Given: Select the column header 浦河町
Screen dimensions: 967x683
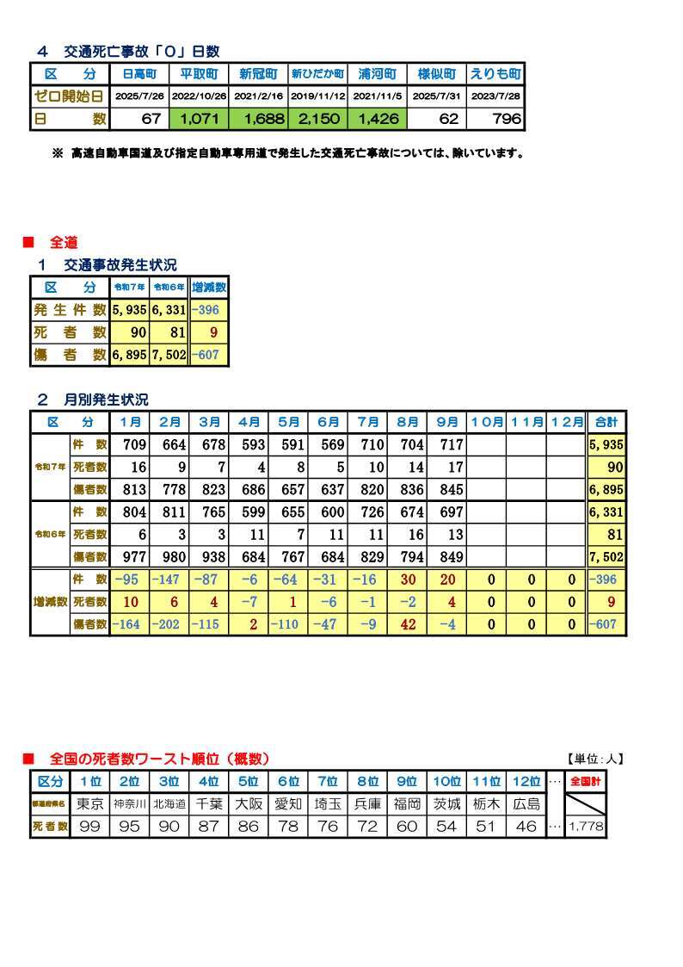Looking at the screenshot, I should [377, 75].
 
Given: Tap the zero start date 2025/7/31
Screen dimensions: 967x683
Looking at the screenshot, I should [436, 97].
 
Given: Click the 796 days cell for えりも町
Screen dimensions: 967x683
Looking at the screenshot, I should [495, 119].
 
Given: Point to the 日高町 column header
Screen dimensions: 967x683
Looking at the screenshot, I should [139, 75].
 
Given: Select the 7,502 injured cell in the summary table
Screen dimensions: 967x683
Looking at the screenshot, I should [168, 354].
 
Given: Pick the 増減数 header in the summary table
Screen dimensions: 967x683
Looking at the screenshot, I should [208, 287].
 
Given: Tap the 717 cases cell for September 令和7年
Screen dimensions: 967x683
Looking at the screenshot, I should [447, 445].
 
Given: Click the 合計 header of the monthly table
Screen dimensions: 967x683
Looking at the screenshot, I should [606, 423].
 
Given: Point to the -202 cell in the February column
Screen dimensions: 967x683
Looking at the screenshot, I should [169, 624].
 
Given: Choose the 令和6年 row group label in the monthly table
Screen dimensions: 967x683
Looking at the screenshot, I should [49, 534].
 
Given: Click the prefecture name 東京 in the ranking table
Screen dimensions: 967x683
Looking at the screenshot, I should [90, 804].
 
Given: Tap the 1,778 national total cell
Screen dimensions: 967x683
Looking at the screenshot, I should [586, 827].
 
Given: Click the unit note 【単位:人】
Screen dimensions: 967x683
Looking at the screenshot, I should [595, 759].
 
